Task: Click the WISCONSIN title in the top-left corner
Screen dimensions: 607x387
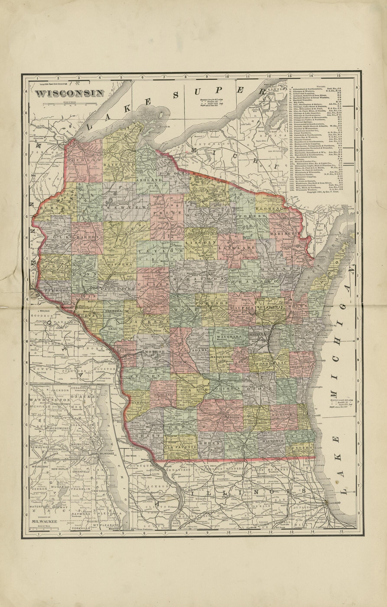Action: click(x=70, y=93)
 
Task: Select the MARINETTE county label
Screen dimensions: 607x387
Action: click(x=285, y=234)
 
